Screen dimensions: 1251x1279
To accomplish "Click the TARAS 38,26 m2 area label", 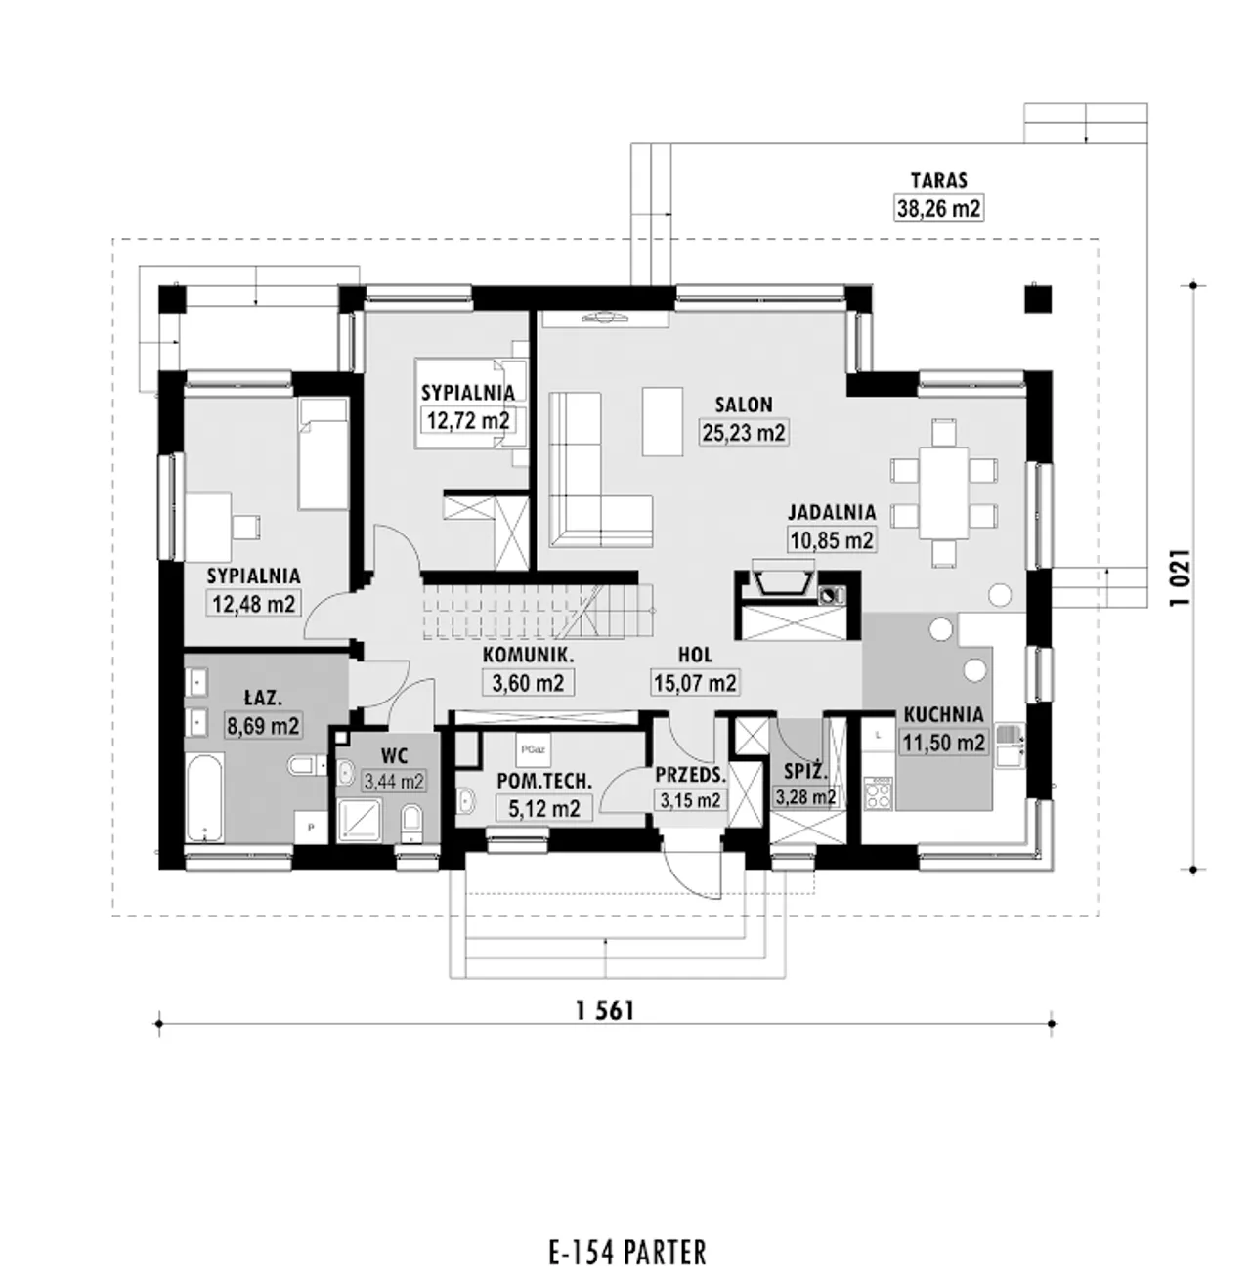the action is [939, 208].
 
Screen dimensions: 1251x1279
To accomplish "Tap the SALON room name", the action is [744, 405].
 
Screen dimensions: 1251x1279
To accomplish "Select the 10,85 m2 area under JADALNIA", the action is [832, 540].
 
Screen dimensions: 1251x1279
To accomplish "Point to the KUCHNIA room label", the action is [943, 714].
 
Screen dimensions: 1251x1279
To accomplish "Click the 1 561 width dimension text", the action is [605, 1011].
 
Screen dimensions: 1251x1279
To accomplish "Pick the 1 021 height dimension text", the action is [1182, 577].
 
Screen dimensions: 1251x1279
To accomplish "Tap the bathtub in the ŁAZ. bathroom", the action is [205, 797].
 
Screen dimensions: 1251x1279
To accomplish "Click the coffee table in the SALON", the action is [663, 421].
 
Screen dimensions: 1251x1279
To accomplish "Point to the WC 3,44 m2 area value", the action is [394, 782].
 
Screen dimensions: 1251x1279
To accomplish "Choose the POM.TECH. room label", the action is [544, 781].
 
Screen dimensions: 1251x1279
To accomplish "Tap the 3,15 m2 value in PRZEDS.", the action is [690, 800].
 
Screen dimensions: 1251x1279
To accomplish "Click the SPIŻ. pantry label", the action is [806, 771].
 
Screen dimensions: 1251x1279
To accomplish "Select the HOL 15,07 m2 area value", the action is [696, 683].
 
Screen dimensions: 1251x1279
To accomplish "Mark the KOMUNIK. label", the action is [528, 655].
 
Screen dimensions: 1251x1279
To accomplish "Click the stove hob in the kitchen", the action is [878, 792].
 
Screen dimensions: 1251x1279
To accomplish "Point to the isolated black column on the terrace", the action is [1038, 300].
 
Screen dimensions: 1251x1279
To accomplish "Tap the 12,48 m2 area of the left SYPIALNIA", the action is [254, 603].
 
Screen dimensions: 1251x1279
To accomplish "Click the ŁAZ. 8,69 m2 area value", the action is [263, 726].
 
